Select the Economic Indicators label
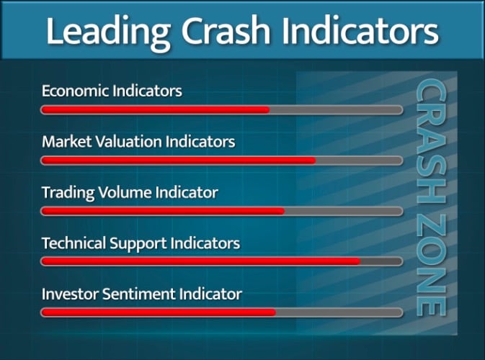112,91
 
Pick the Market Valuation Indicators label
138,142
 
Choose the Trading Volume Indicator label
130,193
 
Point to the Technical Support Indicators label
141,243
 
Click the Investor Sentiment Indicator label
142,294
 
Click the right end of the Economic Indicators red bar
267,110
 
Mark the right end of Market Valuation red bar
313,161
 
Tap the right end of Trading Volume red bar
282,211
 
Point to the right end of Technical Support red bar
358,261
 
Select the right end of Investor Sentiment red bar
274,312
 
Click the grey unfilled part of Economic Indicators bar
335,110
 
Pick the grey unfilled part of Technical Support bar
381,261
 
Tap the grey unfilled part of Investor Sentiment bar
339,312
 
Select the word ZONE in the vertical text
431,266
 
